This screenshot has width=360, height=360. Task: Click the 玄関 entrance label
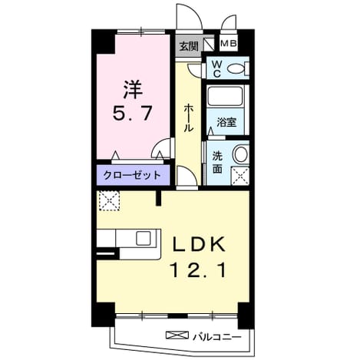coord(189,46)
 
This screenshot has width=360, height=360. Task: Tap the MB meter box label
coord(229,44)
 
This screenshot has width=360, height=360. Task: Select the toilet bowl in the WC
coord(236,68)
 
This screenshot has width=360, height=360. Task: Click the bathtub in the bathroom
coord(225,96)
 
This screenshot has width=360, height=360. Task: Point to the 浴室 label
coord(226,122)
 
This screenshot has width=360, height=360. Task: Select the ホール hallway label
coord(188,117)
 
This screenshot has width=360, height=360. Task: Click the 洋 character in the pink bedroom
coord(133,90)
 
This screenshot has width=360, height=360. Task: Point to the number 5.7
coord(133,113)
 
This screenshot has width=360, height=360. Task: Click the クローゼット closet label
coord(132,175)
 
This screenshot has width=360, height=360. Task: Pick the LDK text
coord(199,244)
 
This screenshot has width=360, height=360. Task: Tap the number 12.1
coord(199,270)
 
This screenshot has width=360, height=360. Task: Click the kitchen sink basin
coord(144,238)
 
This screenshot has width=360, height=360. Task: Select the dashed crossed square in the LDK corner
coord(109,200)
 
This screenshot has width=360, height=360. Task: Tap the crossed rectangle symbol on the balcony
coord(177,335)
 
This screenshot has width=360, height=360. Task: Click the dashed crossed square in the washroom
coord(240,176)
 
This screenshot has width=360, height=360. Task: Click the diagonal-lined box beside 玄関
coord(209,45)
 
